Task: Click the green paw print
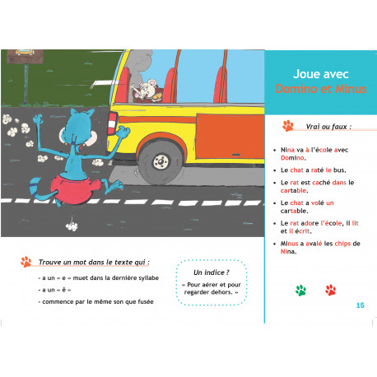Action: [x=300, y=290]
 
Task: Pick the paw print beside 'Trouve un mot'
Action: [x=26, y=262]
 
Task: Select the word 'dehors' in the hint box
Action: [x=223, y=292]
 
